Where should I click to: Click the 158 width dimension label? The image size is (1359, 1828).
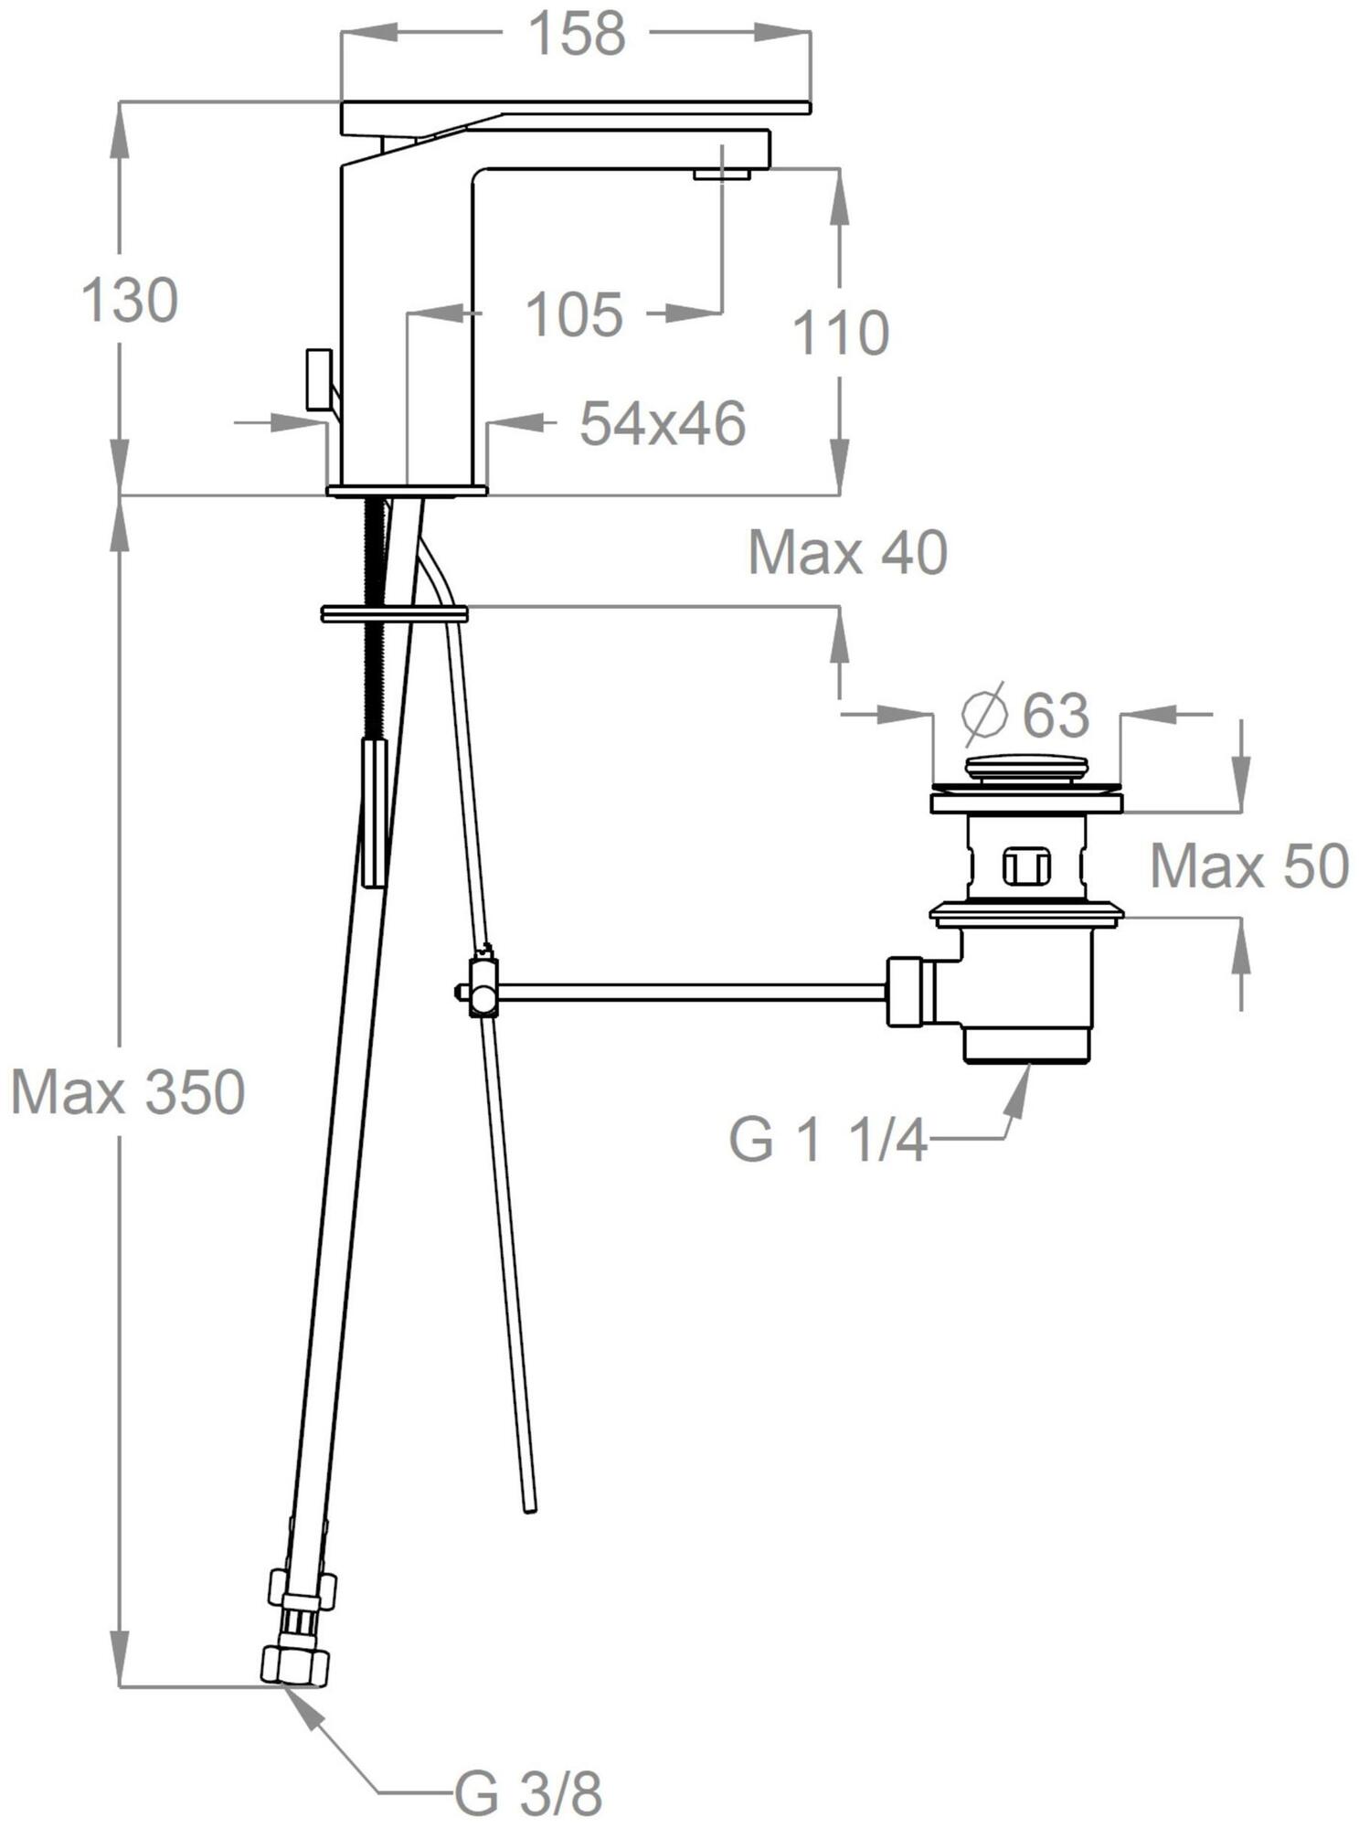tap(578, 34)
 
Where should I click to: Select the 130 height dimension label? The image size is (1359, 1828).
tap(130, 301)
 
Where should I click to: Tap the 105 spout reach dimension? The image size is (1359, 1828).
tap(575, 314)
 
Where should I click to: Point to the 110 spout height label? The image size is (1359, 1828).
tap(840, 333)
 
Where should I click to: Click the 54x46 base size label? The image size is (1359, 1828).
tap(664, 423)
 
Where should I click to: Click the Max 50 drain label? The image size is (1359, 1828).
tap(1249, 866)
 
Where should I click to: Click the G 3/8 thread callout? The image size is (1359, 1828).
tap(529, 1795)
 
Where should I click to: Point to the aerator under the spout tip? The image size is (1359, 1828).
tap(722, 173)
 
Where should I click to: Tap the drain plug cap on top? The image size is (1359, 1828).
tap(1027, 768)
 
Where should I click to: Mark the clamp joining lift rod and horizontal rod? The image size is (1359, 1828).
tap(482, 987)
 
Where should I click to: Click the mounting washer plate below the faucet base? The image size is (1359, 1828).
tap(395, 613)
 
